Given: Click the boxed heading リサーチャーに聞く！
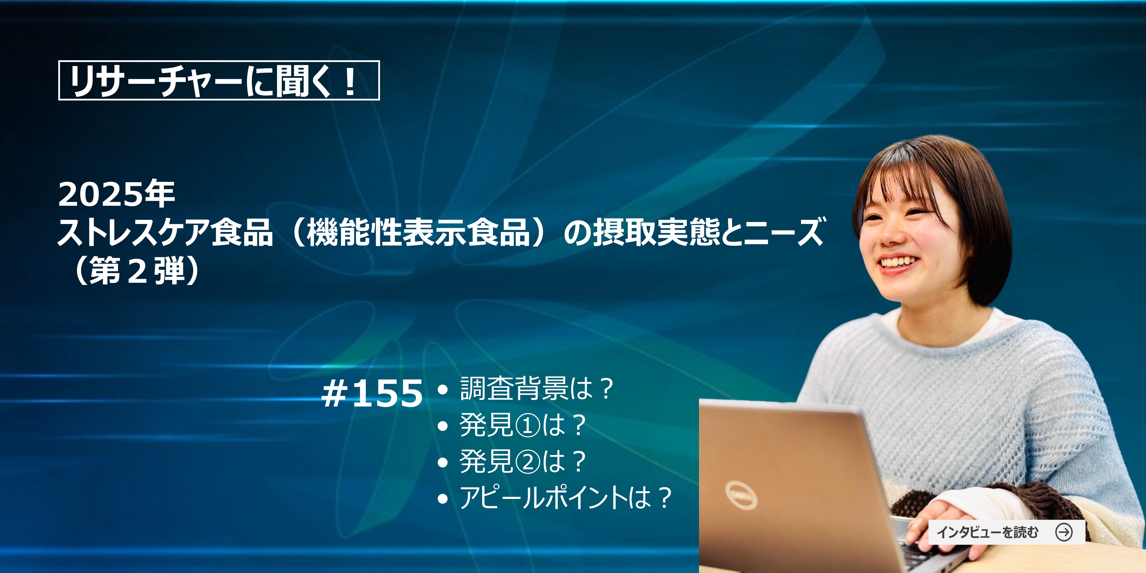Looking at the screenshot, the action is tap(219, 80).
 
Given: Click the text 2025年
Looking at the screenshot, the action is tap(116, 195).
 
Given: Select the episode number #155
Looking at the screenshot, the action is tap(372, 393).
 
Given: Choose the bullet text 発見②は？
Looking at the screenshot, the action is tap(523, 461).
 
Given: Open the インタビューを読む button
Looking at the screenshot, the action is tap(1006, 532).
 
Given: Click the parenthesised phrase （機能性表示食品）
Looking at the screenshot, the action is tap(418, 232).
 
